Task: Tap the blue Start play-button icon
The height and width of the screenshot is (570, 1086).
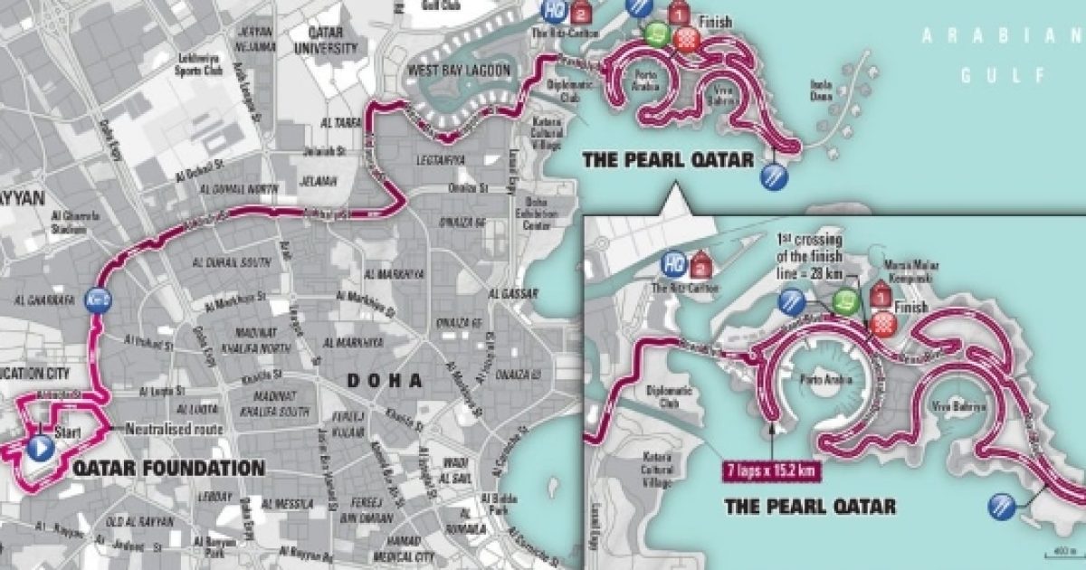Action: tap(39, 448)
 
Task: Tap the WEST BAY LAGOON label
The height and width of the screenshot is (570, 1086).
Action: tap(459, 71)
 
